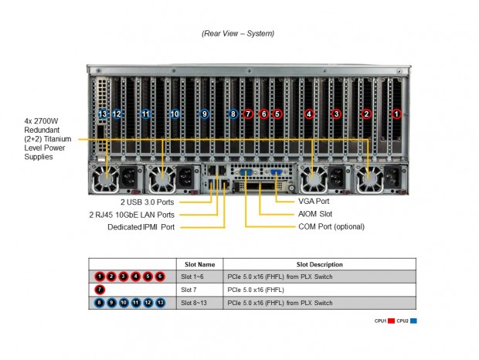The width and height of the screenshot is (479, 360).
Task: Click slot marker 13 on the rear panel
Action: (x=103, y=114)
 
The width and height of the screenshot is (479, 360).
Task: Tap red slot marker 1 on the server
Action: (x=396, y=114)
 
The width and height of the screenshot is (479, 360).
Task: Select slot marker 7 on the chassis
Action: (x=248, y=114)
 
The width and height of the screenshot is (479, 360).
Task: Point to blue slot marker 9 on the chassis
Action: (x=204, y=114)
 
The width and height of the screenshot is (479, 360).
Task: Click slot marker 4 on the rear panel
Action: (x=309, y=114)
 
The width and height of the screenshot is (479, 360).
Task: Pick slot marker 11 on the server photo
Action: (x=146, y=114)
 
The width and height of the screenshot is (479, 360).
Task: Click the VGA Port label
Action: (x=313, y=201)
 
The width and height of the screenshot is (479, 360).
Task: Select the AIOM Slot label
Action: (x=316, y=213)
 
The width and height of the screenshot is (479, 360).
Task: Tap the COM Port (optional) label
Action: (x=331, y=226)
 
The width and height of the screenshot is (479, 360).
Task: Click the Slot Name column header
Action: (x=197, y=264)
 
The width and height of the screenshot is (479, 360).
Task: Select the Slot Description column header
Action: (x=319, y=264)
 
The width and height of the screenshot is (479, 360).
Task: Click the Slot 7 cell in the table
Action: (x=190, y=289)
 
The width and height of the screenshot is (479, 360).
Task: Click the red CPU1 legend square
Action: (x=392, y=321)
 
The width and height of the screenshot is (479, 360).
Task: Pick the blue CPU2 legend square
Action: (x=414, y=321)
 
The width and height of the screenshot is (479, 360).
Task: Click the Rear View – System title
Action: (x=238, y=33)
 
